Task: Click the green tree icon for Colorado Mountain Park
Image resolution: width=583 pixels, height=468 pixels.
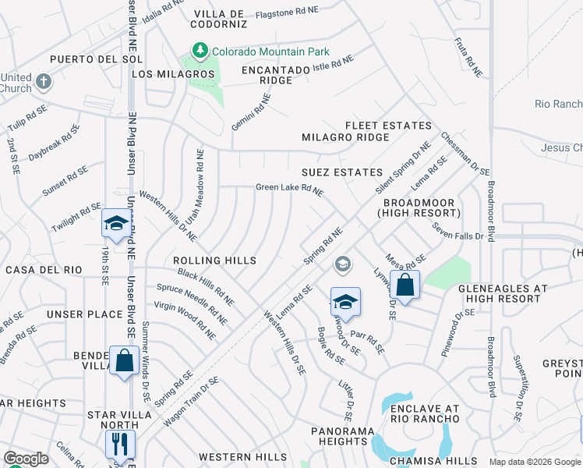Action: tap(200, 51)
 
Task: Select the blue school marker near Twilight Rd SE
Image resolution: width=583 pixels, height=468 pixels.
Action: tap(115, 225)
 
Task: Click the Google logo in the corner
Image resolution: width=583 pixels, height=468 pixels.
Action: tap(26, 459)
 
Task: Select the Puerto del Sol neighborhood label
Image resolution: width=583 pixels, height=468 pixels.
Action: tap(85, 59)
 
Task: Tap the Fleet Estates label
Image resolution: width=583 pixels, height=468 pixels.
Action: tap(388, 126)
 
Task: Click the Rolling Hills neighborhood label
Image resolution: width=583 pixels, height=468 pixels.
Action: tap(214, 260)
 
